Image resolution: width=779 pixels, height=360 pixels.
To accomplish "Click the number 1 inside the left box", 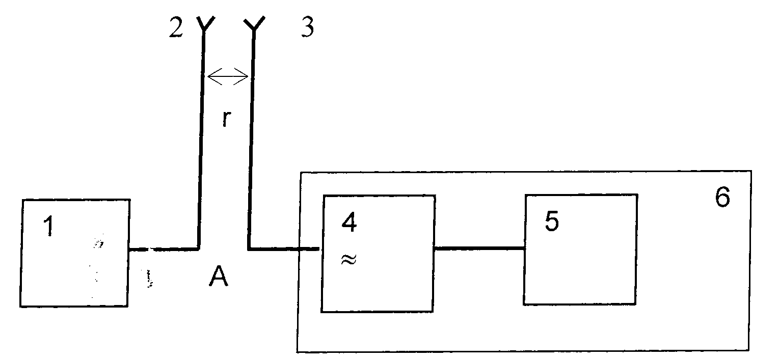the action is click(x=49, y=226).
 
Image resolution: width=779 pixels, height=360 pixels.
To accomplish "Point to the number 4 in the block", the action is click(x=349, y=223).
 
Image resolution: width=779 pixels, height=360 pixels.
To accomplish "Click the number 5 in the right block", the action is click(x=552, y=221).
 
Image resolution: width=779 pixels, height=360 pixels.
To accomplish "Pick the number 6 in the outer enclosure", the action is click(x=722, y=197).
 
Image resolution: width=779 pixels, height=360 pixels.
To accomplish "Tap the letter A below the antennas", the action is click(x=219, y=276).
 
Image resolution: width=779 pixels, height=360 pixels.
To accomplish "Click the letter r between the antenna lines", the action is click(x=226, y=119).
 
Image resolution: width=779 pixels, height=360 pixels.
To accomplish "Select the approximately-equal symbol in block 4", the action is click(x=349, y=259).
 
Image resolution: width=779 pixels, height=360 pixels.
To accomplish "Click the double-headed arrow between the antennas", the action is click(x=228, y=76).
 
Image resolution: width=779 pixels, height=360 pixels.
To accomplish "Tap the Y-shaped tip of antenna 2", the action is click(x=205, y=24).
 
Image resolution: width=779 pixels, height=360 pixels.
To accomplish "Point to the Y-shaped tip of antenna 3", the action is click(x=254, y=24).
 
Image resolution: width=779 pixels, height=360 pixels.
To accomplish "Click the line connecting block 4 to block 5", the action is click(x=479, y=248).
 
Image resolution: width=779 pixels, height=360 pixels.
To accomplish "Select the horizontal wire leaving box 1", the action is click(x=164, y=249).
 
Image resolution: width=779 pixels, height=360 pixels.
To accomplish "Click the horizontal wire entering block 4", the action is click(x=284, y=249).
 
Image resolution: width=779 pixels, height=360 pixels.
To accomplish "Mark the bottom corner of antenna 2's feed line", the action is click(x=198, y=249).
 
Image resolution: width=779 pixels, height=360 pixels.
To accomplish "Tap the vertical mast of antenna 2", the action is click(x=202, y=139).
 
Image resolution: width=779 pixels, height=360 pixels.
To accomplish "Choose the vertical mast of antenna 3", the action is click(x=252, y=139).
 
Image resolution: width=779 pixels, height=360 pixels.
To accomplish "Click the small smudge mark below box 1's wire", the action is click(x=149, y=279).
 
